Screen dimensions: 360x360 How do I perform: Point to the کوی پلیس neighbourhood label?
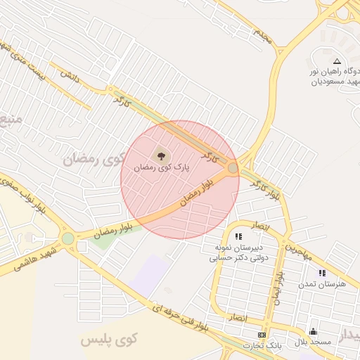pos(108,340)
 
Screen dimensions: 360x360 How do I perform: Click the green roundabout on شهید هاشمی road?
pos(67,238)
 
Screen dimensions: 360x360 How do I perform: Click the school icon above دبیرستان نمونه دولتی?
pos(238,236)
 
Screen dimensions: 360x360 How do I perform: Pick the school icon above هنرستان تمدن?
pos(322,272)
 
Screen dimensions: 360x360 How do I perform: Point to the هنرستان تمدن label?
pos(322,284)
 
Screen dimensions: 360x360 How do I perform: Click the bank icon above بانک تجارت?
pos(262,334)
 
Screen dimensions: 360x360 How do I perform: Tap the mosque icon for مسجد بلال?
pos(313,330)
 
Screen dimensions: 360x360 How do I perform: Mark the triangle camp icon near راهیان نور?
pos(337,61)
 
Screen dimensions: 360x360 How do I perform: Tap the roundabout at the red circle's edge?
pos(233,168)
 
